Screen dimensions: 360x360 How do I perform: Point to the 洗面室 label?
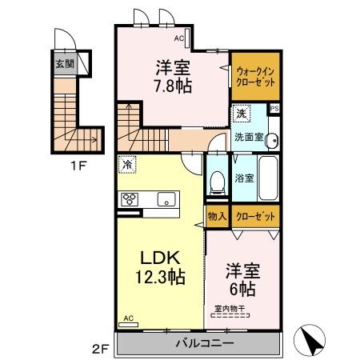pos(247,137)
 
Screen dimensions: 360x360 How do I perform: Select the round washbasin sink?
pos(273,138)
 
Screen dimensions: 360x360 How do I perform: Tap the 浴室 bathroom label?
pos(244,178)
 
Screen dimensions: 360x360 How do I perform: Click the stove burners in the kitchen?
pos(130,199)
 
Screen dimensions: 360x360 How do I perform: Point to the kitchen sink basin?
pos(166,199)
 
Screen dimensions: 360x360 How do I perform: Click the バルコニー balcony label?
pos(200,343)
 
